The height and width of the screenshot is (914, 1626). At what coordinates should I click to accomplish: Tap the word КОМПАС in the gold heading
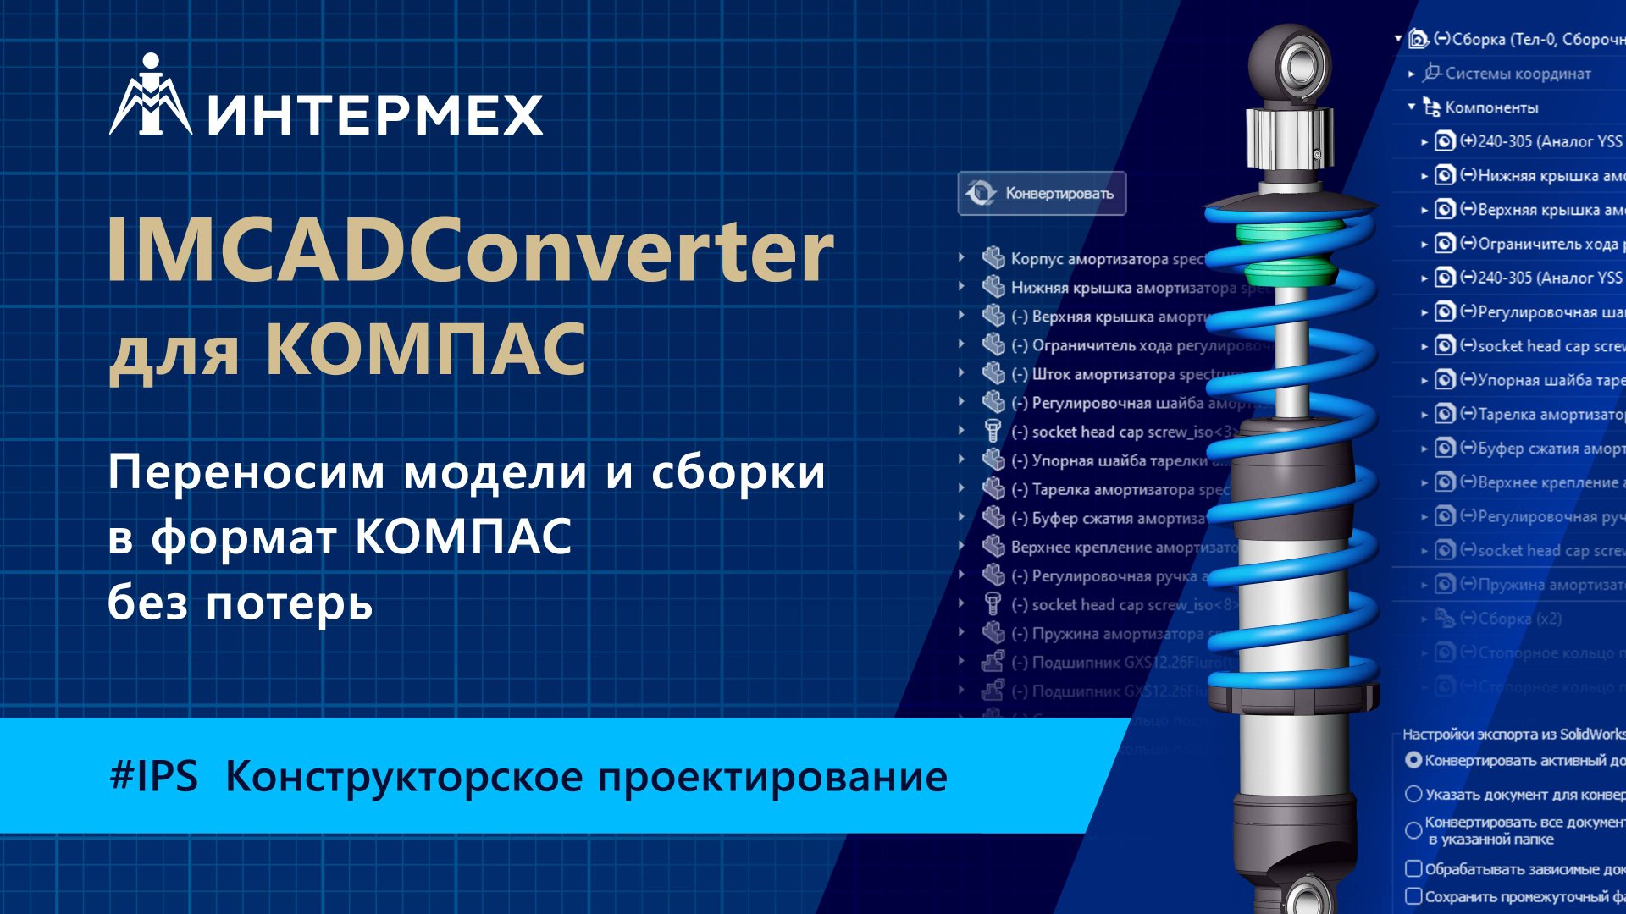click(x=426, y=349)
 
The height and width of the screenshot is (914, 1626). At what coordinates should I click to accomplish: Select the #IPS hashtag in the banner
click(x=153, y=776)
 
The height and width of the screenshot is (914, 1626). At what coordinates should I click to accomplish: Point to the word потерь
click(x=289, y=603)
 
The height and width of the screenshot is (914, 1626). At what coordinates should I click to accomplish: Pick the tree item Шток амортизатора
click(x=1118, y=374)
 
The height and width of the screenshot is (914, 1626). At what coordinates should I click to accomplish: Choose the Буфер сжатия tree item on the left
click(x=1109, y=518)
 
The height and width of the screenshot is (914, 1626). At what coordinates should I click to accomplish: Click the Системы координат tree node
click(x=1517, y=74)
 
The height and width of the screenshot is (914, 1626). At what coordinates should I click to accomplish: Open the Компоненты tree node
click(x=1490, y=107)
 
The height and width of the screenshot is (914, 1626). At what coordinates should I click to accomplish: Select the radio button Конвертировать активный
click(x=1413, y=760)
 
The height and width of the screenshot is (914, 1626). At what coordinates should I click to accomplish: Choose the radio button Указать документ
click(x=1413, y=794)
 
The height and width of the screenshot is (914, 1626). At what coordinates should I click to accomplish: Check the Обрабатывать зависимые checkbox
click(x=1413, y=868)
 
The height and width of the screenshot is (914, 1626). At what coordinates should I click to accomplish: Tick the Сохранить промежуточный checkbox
click(x=1413, y=896)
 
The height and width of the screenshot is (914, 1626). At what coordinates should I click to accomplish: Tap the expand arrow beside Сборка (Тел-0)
click(x=1398, y=39)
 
